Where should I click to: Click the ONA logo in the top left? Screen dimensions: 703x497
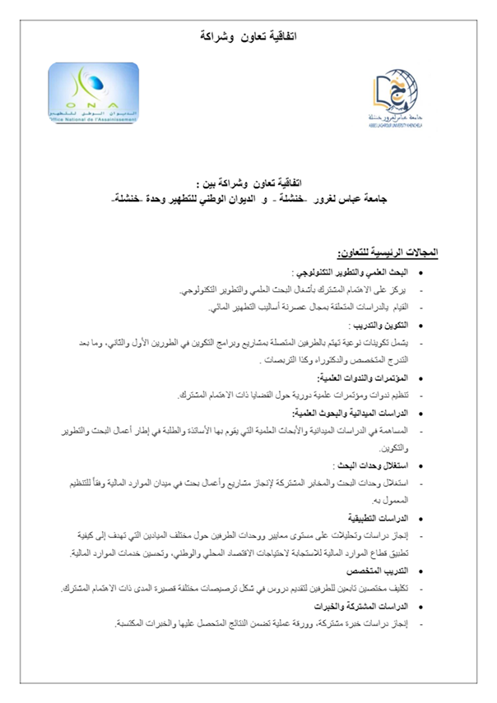coord(93,93)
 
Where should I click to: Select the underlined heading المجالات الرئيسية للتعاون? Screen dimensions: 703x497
coord(388,249)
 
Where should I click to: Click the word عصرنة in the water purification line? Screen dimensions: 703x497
coord(288,308)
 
